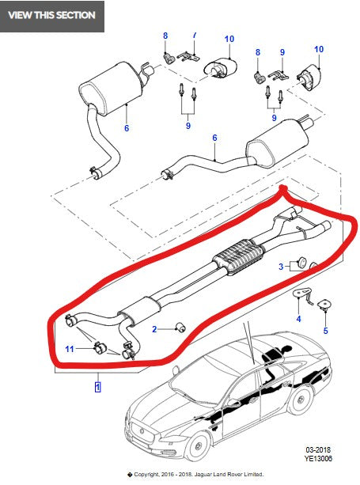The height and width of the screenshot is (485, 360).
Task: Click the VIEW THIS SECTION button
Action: point(51,15)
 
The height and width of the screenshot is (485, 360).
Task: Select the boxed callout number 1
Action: point(97,387)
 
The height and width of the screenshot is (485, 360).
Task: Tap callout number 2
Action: point(156,329)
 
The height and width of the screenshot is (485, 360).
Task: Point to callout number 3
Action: point(280,267)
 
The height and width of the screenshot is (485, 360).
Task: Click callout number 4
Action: point(298,320)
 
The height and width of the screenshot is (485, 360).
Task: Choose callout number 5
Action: point(325,331)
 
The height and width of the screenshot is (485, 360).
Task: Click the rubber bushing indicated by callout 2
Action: point(180,328)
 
